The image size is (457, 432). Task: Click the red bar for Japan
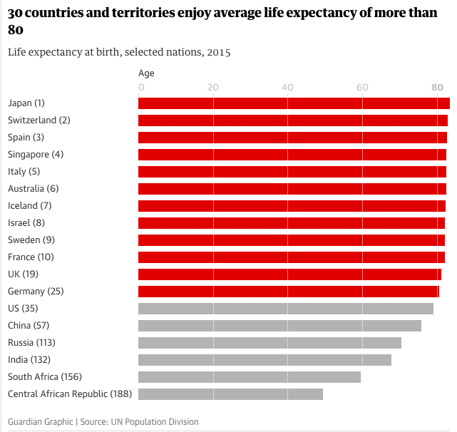tap(294, 103)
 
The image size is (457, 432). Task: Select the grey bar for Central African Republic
tap(230, 394)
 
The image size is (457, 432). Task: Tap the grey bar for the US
tap(285, 309)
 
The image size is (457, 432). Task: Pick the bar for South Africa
tap(249, 377)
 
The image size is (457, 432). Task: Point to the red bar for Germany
tap(288, 292)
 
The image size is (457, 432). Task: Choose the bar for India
tap(265, 360)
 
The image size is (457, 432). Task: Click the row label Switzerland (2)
tap(39, 120)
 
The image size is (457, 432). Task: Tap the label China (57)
tap(29, 326)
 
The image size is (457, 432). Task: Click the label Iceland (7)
tap(30, 206)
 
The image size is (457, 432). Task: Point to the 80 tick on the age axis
tap(437, 87)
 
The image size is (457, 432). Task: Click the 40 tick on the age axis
tap(287, 87)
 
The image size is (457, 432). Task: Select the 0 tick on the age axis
tap(141, 87)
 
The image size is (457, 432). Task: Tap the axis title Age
tap(146, 73)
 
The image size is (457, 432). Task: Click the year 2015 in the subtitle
tap(218, 53)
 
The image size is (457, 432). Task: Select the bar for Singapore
tap(292, 155)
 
